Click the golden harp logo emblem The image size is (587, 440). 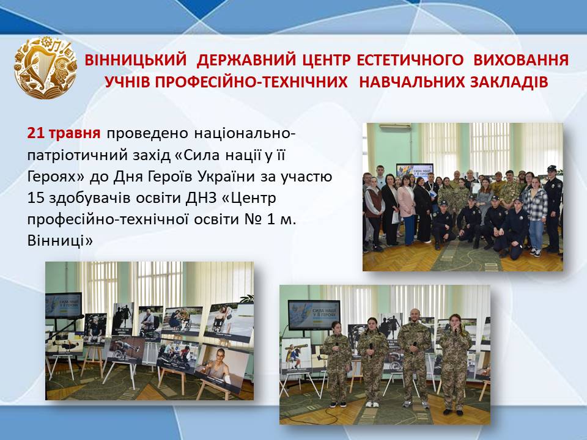pos(45,68)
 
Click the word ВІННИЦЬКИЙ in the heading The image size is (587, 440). pos(136,60)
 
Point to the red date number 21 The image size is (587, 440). pos(35,133)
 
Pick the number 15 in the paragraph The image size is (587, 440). pos(36,198)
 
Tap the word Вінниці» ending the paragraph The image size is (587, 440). pos(60,241)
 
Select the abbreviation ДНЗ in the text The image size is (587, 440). pos(201,198)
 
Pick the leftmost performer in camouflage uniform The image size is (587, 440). pos(336,364)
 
